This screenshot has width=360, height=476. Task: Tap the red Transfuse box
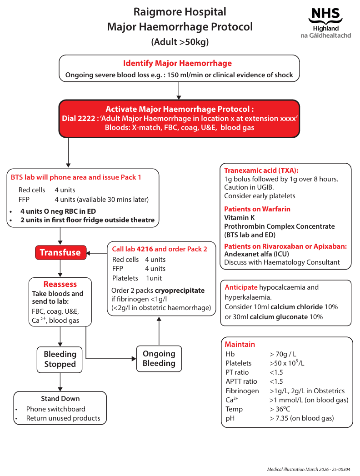pyautogui.click(x=60, y=252)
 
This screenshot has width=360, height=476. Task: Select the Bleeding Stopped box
pyautogui.click(x=60, y=359)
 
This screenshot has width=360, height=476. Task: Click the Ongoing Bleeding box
pyautogui.click(x=159, y=359)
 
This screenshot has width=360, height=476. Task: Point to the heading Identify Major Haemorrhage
pyautogui.click(x=177, y=63)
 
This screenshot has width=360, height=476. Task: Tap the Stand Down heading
pyautogui.click(x=60, y=399)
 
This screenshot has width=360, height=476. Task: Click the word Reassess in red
pyautogui.click(x=60, y=284)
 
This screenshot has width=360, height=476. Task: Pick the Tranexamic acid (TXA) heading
pyautogui.click(x=261, y=170)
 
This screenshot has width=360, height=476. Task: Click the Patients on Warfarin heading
pyautogui.click(x=257, y=209)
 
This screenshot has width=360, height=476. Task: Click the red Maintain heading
pyautogui.click(x=240, y=345)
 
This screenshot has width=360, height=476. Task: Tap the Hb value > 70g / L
pyautogui.click(x=283, y=354)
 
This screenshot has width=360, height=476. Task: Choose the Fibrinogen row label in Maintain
pyautogui.click(x=242, y=391)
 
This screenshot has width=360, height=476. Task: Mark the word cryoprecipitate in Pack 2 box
pyautogui.click(x=180, y=291)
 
